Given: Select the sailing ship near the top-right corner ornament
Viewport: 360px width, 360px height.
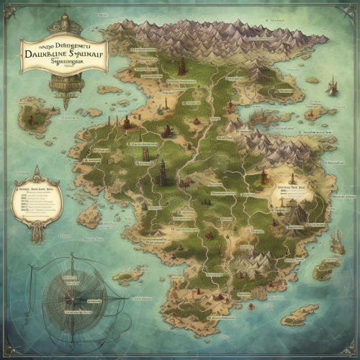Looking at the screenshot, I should (333, 88).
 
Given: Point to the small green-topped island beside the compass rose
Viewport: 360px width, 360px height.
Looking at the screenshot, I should (128, 276).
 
